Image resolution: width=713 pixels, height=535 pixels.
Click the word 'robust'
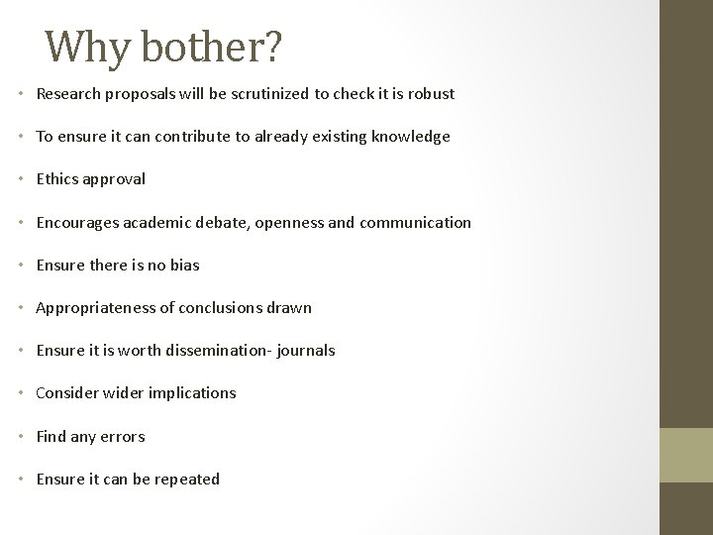(431, 94)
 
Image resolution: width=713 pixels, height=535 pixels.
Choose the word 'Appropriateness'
(93, 307)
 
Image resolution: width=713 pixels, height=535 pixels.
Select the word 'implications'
(192, 392)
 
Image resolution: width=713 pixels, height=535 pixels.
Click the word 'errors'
(122, 436)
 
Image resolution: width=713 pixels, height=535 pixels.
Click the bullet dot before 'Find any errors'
(23, 436)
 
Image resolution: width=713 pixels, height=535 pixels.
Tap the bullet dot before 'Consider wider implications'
(23, 393)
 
